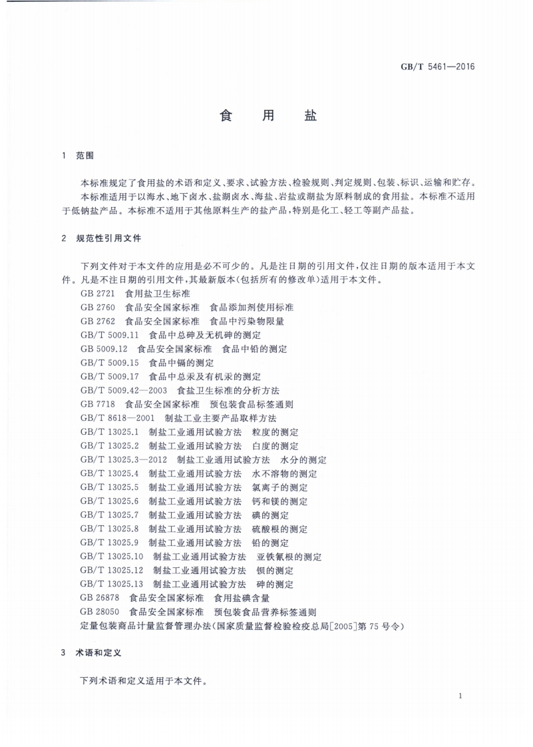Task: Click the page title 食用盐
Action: [x=267, y=116]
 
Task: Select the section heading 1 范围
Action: [x=77, y=156]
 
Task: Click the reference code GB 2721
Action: [x=98, y=293]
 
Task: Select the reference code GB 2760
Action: [x=98, y=307]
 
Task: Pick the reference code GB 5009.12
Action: [x=104, y=348]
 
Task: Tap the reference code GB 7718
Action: [x=98, y=404]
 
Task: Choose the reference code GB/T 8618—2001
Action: [x=118, y=418]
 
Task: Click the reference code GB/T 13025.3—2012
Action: [x=124, y=459]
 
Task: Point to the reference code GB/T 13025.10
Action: [x=112, y=557]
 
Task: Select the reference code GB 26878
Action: [x=100, y=598]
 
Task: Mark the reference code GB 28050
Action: [x=100, y=612]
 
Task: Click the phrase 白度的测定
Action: [x=275, y=445]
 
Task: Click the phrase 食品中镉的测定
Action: [x=182, y=362]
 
